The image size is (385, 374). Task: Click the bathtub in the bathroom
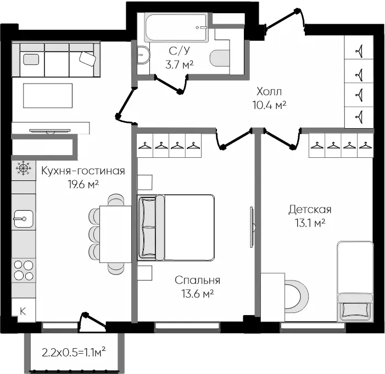click(x=176, y=28)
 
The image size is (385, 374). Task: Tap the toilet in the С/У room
click(x=220, y=58)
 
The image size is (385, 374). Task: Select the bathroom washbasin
click(x=143, y=55)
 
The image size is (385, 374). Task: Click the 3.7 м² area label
click(x=179, y=65)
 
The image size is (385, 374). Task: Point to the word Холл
click(x=269, y=91)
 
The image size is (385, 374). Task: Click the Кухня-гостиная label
click(x=83, y=170)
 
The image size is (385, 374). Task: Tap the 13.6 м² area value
click(x=197, y=293)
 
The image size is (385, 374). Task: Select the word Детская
click(x=310, y=210)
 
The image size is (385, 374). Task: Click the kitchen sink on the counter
click(x=23, y=218)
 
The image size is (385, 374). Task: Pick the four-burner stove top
click(x=24, y=270)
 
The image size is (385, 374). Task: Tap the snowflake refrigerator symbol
click(x=24, y=168)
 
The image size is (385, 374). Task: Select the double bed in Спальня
click(x=176, y=228)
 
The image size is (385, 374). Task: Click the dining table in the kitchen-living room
click(x=115, y=234)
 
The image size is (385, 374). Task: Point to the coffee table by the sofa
click(x=48, y=95)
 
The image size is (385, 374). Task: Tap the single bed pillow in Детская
click(x=355, y=310)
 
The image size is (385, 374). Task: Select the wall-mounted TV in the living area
click(x=50, y=131)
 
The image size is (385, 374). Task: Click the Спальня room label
click(x=197, y=280)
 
